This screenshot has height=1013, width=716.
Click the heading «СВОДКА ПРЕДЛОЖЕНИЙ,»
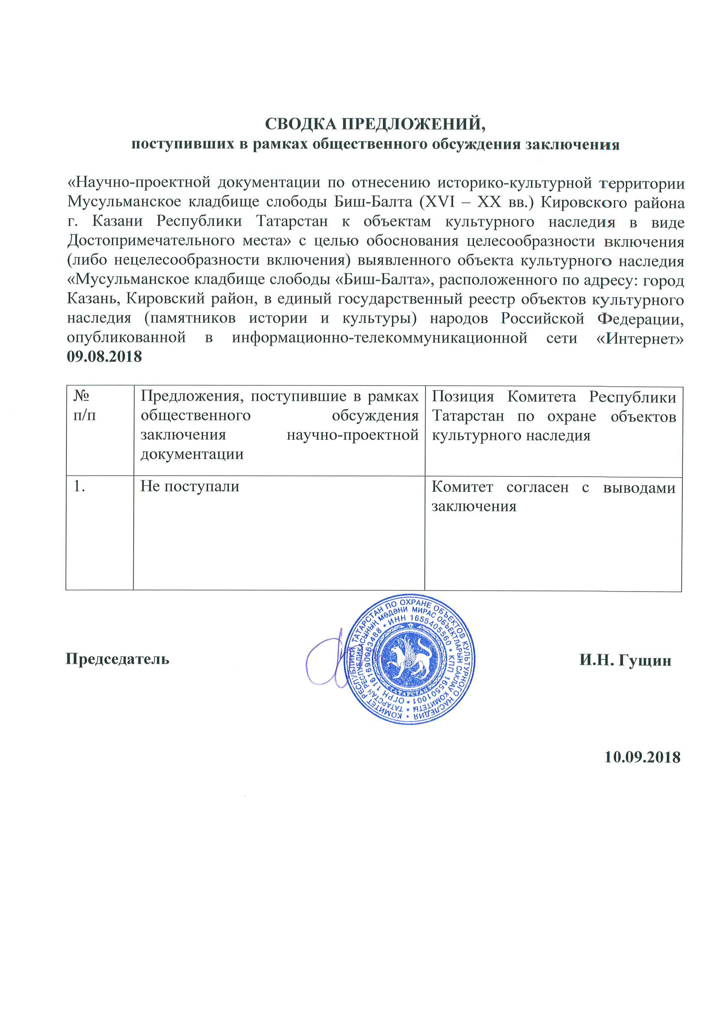(x=375, y=124)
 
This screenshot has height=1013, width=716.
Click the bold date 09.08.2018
(x=104, y=357)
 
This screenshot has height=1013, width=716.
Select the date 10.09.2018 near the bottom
(x=642, y=757)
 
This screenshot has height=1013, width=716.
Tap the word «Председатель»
(x=117, y=659)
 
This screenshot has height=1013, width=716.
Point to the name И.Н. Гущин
(x=625, y=660)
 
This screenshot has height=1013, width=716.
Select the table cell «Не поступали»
(x=190, y=486)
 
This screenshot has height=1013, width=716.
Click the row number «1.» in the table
(x=79, y=486)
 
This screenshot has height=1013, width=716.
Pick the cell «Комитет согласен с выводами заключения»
(x=553, y=497)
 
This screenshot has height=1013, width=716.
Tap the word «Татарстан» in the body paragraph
(x=292, y=221)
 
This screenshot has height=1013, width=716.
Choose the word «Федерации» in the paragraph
(x=640, y=318)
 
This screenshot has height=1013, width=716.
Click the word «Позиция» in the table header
(x=462, y=396)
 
